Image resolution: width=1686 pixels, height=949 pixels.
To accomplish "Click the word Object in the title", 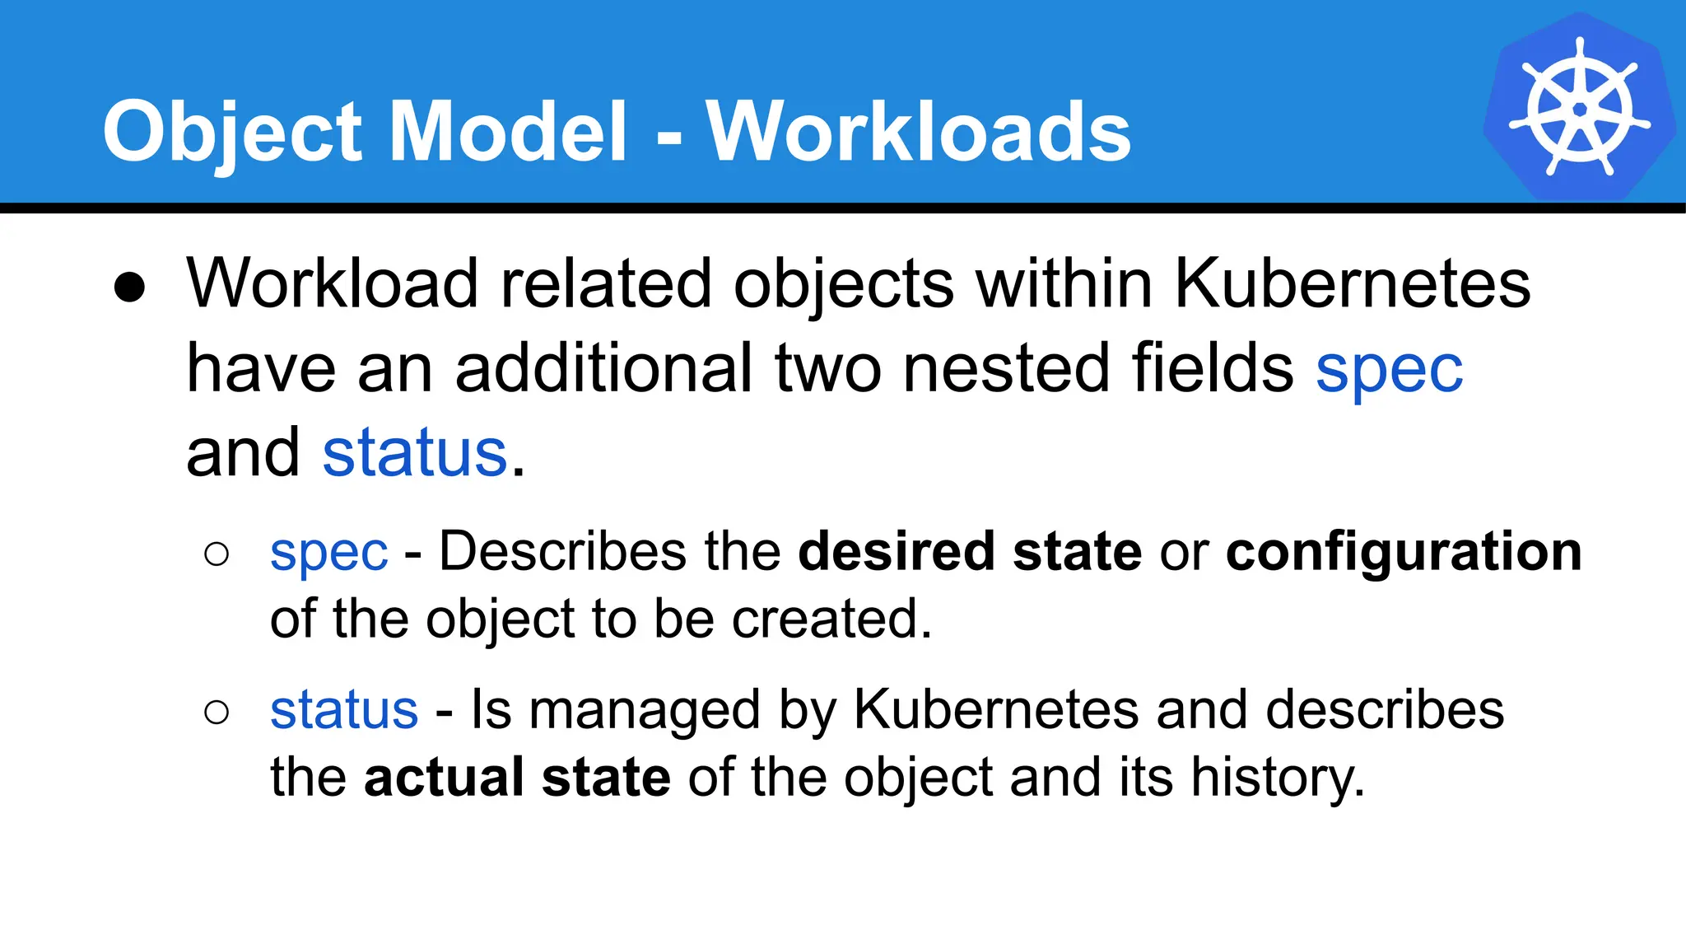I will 232,133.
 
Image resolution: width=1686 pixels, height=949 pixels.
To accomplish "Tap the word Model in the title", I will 508,131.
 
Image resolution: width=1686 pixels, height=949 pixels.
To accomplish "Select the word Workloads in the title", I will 918,131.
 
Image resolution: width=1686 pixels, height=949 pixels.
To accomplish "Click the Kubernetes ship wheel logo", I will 1579,107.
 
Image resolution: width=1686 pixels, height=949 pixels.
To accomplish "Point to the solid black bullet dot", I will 130,288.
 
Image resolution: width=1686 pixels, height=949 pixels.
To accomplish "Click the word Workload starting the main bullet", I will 333,283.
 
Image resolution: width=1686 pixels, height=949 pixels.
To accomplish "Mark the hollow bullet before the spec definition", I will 217,554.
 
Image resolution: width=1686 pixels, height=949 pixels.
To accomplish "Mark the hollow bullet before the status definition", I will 217,712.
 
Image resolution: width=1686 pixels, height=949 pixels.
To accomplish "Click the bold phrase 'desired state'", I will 970,551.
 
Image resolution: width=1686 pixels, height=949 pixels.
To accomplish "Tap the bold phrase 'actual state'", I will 517,777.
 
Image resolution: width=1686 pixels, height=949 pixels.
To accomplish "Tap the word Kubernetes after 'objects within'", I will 1352,283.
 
